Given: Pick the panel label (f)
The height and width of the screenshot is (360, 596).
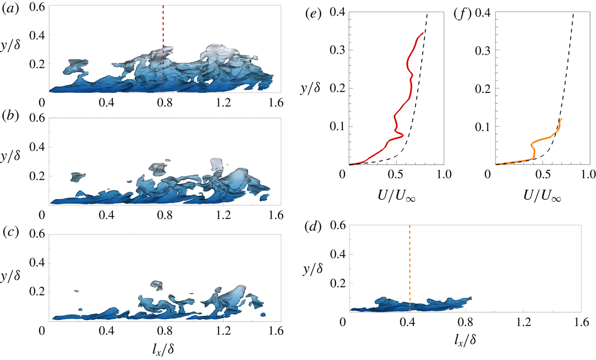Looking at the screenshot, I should click(462, 14).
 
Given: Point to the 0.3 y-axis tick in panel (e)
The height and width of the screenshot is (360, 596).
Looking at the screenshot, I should click(334, 50).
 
